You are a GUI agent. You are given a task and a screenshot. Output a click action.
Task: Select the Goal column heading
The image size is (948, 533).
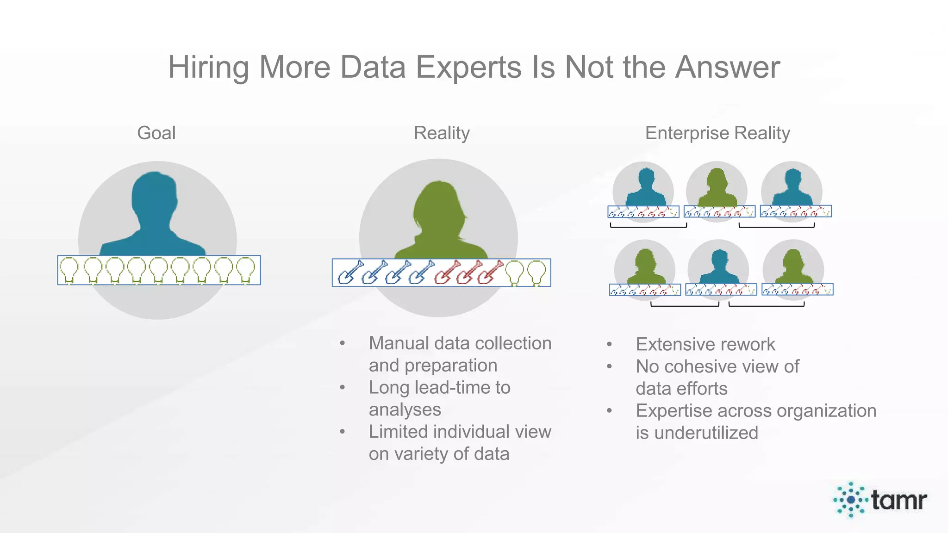pyautogui.click(x=156, y=133)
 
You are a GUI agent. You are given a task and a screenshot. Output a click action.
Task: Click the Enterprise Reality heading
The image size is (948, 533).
pyautogui.click(x=717, y=133)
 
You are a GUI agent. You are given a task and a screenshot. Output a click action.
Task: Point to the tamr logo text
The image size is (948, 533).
pyautogui.click(x=898, y=500)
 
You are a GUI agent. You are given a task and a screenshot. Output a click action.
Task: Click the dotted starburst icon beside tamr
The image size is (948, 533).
pyautogui.click(x=850, y=500)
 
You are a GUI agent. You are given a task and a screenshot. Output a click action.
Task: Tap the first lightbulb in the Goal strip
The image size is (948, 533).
pyautogui.click(x=69, y=270)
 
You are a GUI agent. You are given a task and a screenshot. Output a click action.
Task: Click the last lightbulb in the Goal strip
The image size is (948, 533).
pyautogui.click(x=245, y=270)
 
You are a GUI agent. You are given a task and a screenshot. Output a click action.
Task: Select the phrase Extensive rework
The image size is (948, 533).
pyautogui.click(x=705, y=345)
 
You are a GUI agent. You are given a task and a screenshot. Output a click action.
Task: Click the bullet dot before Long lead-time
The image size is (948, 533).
pyautogui.click(x=342, y=387)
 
